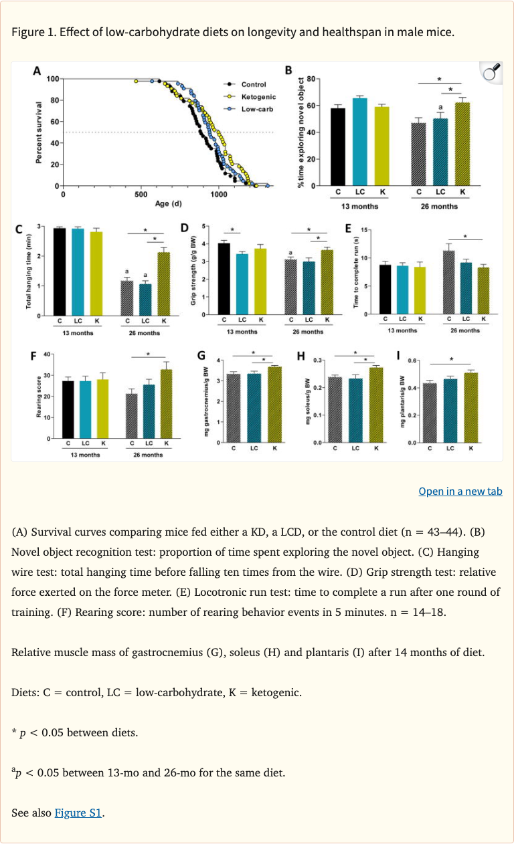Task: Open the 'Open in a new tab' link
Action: (460, 491)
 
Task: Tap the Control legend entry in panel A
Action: (253, 84)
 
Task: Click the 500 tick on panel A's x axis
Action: (141, 195)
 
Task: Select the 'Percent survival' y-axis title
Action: (40, 132)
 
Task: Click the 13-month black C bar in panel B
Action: (338, 146)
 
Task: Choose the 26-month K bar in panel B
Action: (462, 144)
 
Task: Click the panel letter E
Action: (348, 229)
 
